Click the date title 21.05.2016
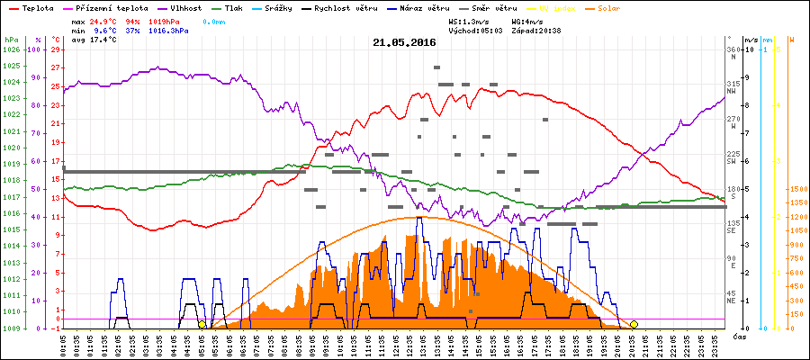tap(404, 42)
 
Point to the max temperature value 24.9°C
tap(104, 20)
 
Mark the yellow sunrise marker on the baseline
tap(202, 324)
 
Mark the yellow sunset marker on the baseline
tap(634, 324)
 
